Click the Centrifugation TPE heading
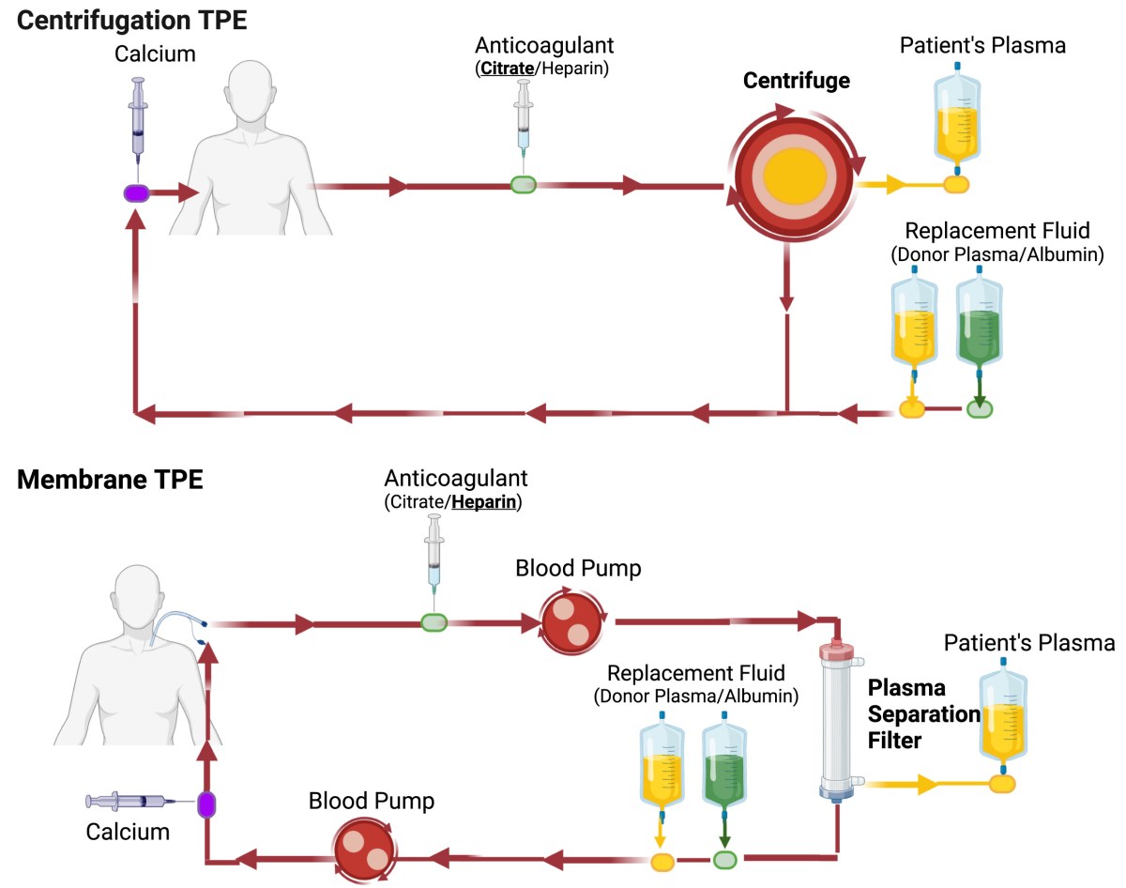[132, 20]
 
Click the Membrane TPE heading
[110, 480]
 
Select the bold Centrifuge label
[796, 81]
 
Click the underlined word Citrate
[507, 69]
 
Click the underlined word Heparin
[485, 502]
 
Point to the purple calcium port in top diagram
[137, 192]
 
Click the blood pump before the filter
[570, 620]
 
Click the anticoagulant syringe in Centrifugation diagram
[523, 122]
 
